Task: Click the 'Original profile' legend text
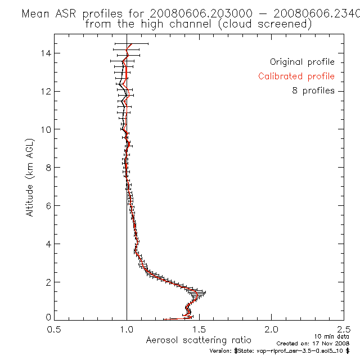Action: click(302, 62)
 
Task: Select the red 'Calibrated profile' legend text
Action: click(296, 76)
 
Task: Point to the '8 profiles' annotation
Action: click(313, 91)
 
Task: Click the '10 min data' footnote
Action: click(328, 336)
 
